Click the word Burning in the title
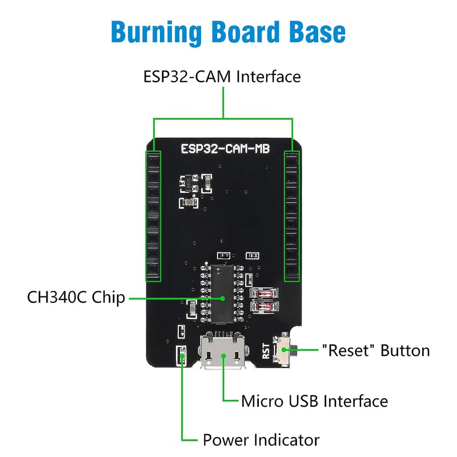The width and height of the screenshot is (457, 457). [x=156, y=32]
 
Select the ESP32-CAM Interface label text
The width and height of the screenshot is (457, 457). [x=222, y=77]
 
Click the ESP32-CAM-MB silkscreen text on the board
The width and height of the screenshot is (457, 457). [x=225, y=149]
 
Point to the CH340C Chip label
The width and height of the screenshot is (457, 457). [x=76, y=298]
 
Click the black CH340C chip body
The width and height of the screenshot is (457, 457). [x=222, y=294]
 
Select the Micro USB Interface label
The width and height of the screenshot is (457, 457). [x=315, y=401]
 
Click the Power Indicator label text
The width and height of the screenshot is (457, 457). [x=261, y=440]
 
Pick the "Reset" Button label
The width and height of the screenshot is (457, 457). [x=376, y=350]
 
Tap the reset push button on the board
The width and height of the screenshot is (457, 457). [x=283, y=350]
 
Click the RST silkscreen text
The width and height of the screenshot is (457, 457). [x=266, y=351]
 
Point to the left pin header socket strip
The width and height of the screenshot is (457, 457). [x=153, y=217]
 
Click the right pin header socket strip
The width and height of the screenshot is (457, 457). [x=292, y=217]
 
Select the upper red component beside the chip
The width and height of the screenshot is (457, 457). [x=264, y=293]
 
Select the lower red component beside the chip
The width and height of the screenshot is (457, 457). [x=264, y=307]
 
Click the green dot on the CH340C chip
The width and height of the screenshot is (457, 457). [x=223, y=298]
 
